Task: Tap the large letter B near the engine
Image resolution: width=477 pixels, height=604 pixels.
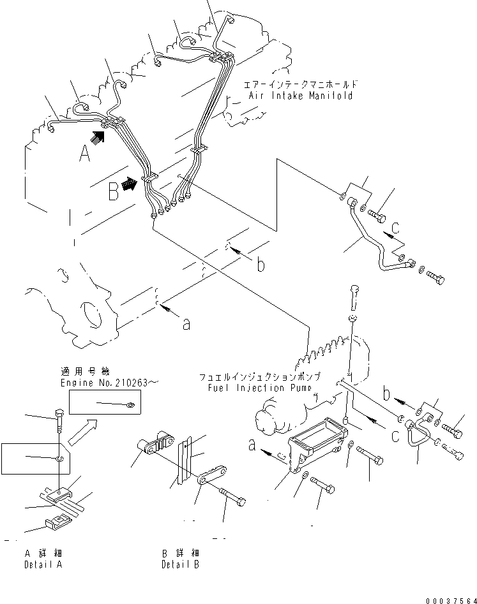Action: click(112, 190)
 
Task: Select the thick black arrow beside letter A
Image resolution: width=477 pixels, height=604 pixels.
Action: click(97, 135)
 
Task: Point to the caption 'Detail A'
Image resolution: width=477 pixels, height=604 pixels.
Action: click(43, 565)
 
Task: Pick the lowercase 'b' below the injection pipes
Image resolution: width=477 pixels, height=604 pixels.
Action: click(261, 264)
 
